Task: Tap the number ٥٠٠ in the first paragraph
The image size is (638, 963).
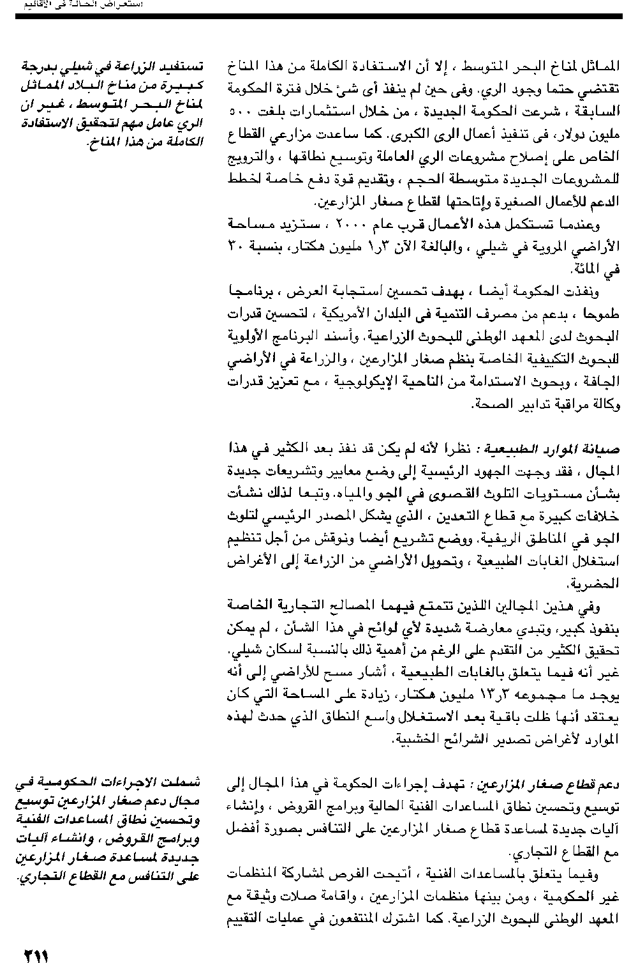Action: [241, 112]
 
